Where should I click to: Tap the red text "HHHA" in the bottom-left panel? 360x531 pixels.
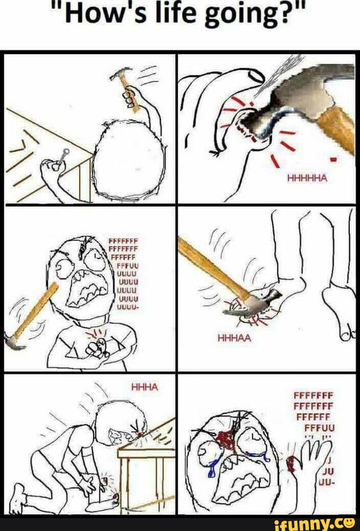(x=144, y=385)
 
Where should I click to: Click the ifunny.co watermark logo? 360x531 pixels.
(x=314, y=523)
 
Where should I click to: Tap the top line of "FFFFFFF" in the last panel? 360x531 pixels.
(x=314, y=394)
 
